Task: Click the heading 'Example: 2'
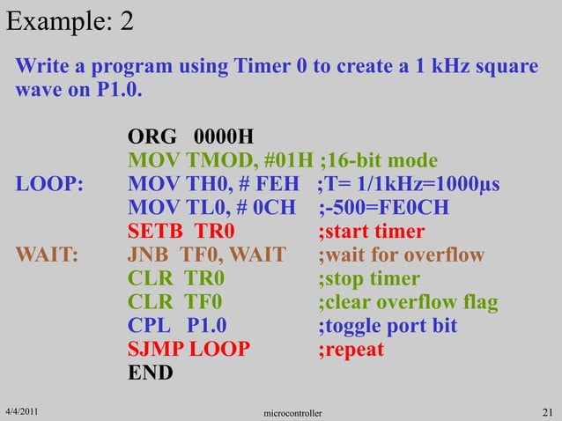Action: point(70,20)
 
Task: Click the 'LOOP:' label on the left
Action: point(49,185)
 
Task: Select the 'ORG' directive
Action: point(152,137)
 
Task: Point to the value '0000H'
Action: point(223,137)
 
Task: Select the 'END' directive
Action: point(151,373)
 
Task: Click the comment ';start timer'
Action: point(371,233)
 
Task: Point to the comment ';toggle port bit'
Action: point(388,327)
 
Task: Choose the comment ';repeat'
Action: point(351,351)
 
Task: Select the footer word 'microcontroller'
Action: point(293,412)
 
